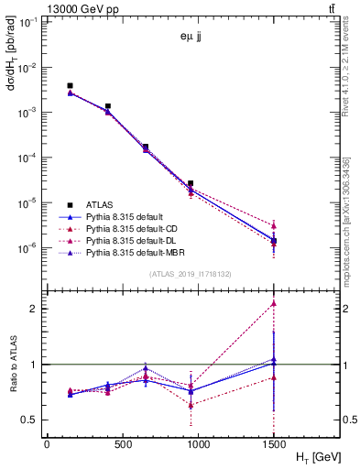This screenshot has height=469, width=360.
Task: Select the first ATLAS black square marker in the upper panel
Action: (x=71, y=85)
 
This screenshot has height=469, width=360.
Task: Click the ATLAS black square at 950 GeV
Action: (x=191, y=183)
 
